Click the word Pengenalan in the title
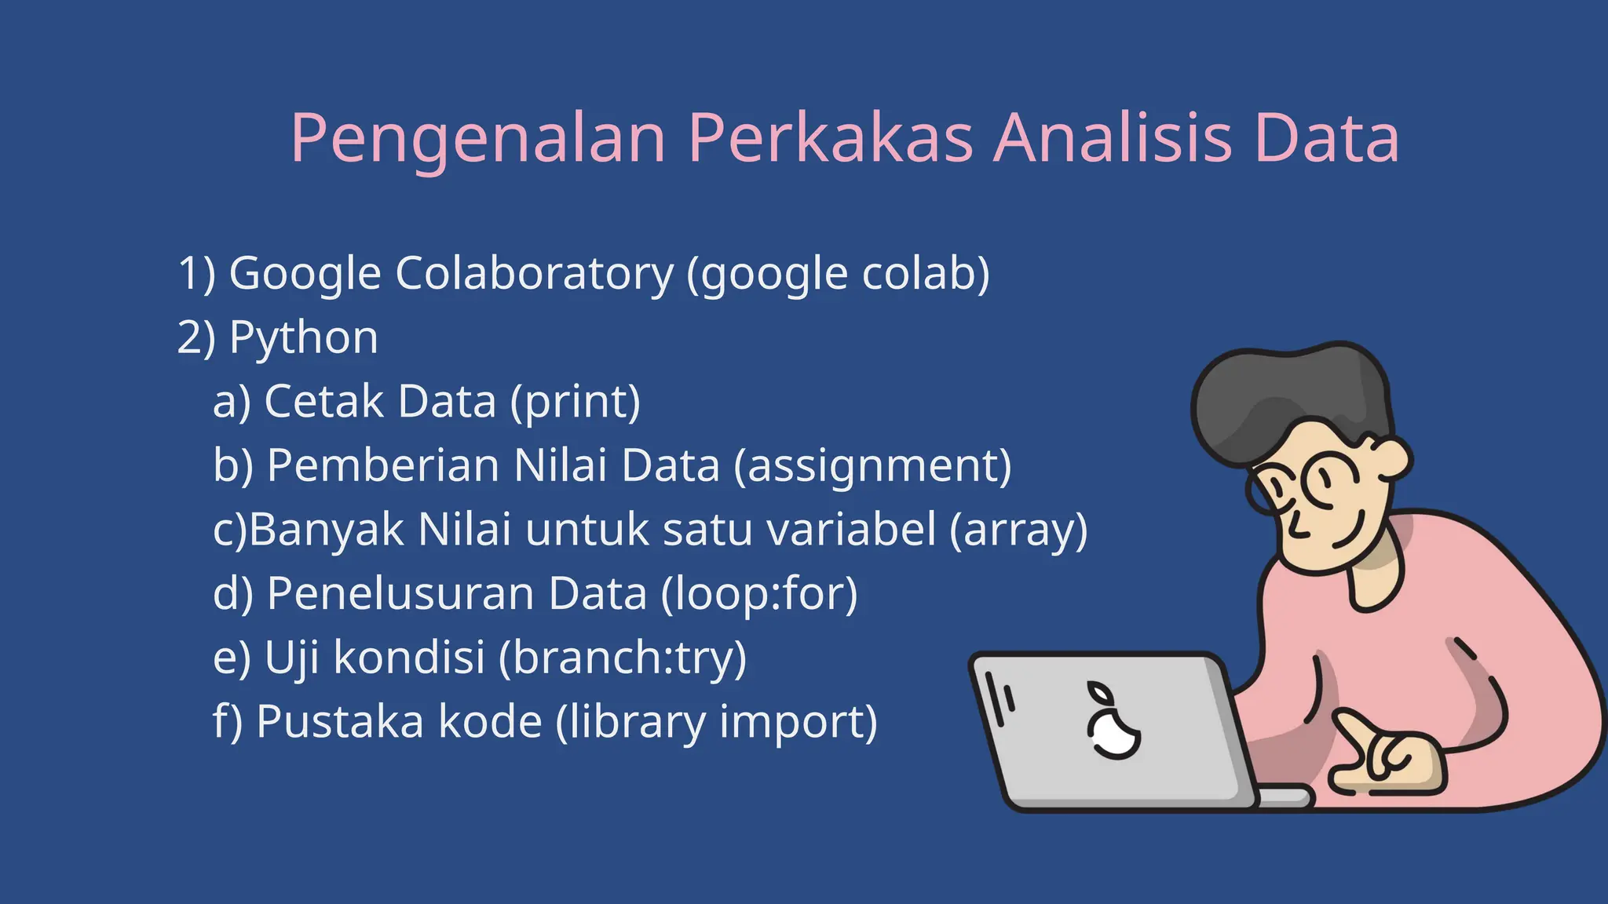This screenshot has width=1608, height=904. [x=478, y=139]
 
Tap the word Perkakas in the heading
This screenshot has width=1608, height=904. [x=830, y=139]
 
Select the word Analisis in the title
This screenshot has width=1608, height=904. [x=1113, y=139]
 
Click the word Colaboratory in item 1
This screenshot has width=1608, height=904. [x=534, y=274]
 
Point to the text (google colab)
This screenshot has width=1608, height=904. [x=838, y=274]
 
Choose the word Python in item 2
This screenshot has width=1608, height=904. [x=303, y=338]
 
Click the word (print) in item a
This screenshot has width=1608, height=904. [x=576, y=402]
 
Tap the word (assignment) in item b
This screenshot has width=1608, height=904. [x=872, y=466]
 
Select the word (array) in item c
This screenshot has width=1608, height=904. [x=1018, y=530]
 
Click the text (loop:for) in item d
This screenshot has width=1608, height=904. [x=758, y=593]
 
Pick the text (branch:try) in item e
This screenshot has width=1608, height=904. [x=623, y=658]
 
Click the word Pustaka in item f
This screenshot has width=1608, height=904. [x=340, y=721]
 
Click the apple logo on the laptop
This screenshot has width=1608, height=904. [x=1113, y=726]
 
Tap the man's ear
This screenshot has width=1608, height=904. [x=1391, y=461]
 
